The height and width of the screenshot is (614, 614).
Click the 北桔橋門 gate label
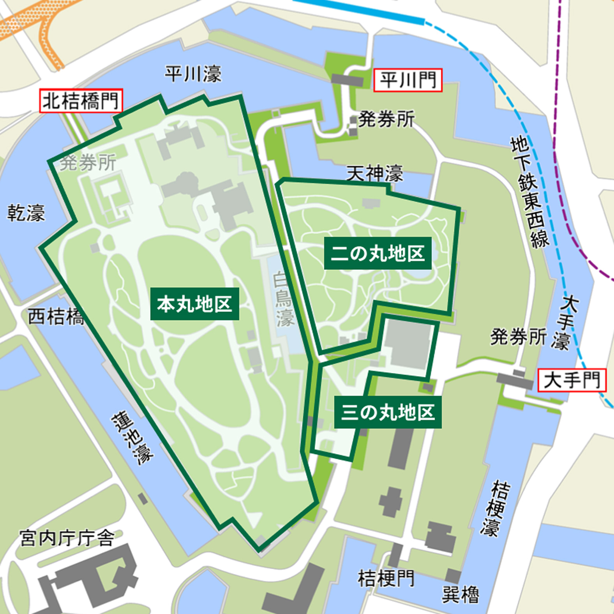(81, 101)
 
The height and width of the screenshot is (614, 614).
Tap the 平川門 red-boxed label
(408, 81)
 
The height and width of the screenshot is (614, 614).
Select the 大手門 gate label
(572, 380)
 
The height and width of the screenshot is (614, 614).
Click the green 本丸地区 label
(194, 304)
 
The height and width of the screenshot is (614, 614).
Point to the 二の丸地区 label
(378, 253)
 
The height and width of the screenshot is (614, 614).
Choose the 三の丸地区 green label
(388, 412)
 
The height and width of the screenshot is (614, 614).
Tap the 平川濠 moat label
(193, 74)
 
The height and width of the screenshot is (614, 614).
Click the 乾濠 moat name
(26, 213)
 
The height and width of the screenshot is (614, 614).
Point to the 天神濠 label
(375, 173)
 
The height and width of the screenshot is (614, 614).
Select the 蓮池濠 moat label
(132, 439)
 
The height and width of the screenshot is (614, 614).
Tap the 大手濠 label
(565, 323)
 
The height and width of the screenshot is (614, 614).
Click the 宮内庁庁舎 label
(67, 538)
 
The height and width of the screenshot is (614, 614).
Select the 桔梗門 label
(386, 578)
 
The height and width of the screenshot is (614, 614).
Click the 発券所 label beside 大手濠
(518, 337)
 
